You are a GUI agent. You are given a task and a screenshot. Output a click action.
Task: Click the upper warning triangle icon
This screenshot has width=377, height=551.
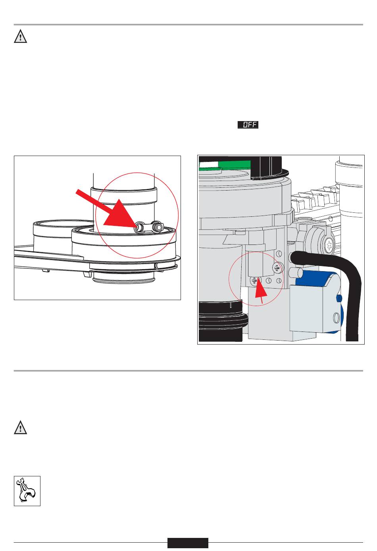click(20, 37)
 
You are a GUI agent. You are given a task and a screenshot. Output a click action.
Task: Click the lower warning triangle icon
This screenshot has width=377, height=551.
click(20, 428)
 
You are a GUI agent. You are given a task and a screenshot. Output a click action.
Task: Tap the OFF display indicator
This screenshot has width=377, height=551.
click(248, 125)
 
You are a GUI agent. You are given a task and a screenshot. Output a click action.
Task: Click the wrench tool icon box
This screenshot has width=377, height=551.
click(27, 491)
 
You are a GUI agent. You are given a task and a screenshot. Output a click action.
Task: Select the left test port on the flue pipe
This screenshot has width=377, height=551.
click(140, 227)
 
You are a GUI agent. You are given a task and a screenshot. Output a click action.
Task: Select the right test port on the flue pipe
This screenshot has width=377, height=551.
click(158, 226)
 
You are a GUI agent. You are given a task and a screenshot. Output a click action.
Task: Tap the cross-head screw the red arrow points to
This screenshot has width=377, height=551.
click(254, 280)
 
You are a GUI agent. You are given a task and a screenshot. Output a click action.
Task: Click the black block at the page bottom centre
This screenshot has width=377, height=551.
click(187, 543)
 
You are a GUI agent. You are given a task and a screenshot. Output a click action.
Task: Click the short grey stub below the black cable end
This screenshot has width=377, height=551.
click(297, 273)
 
